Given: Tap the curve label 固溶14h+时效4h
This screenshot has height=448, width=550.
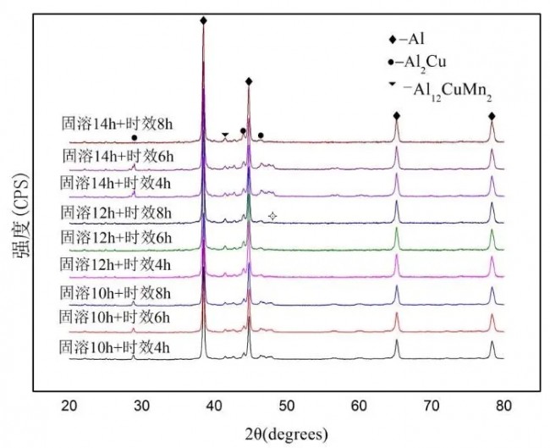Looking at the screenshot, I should point(118,182).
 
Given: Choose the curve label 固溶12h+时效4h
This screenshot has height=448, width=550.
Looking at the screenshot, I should point(118,265).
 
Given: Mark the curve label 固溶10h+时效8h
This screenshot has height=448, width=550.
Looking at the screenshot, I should point(118,293).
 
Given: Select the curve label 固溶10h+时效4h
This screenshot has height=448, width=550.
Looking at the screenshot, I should point(118,346).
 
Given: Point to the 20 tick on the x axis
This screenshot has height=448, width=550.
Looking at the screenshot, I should point(70,406).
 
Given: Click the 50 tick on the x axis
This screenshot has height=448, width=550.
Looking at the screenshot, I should point(287,406).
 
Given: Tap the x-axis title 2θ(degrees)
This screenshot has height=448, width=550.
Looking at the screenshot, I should point(287,434).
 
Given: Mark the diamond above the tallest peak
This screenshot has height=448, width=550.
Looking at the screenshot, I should point(203,19).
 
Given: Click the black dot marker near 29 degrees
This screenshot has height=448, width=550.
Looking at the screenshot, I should point(135,137).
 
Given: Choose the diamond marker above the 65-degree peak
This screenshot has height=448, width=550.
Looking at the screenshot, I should point(396,116).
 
